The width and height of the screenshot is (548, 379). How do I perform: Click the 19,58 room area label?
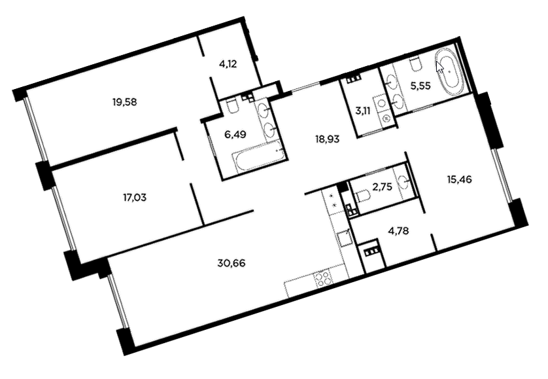click(124, 102)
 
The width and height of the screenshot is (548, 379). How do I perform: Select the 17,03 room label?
click(135, 198)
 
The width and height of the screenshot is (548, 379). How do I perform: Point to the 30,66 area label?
click(231, 262)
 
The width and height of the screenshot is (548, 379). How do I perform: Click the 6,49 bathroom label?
click(235, 134)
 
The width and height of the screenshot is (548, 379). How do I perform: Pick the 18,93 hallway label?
click(327, 139)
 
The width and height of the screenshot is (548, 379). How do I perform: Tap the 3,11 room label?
click(363, 111)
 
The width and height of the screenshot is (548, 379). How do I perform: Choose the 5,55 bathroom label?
click(420, 86)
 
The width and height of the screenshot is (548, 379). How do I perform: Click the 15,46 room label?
click(459, 179)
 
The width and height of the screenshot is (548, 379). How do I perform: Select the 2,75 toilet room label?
click(382, 187)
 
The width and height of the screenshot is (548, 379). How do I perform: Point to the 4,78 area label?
click(398, 231)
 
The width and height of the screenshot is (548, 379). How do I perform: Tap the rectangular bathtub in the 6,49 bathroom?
click(260, 157)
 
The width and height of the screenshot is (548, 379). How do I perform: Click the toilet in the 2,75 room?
click(362, 196)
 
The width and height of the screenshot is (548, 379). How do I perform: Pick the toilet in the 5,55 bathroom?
click(415, 63)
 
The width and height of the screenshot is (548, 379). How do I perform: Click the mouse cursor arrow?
click(439, 67)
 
